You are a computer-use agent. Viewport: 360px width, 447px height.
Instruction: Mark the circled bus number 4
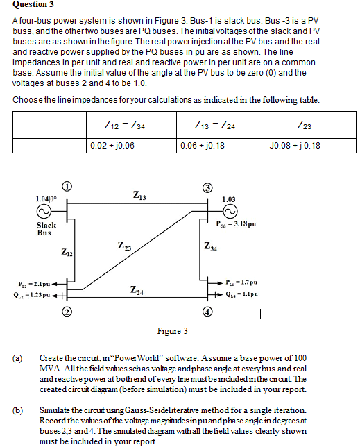point(207,310)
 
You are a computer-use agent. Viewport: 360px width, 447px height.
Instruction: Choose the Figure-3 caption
point(172,330)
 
